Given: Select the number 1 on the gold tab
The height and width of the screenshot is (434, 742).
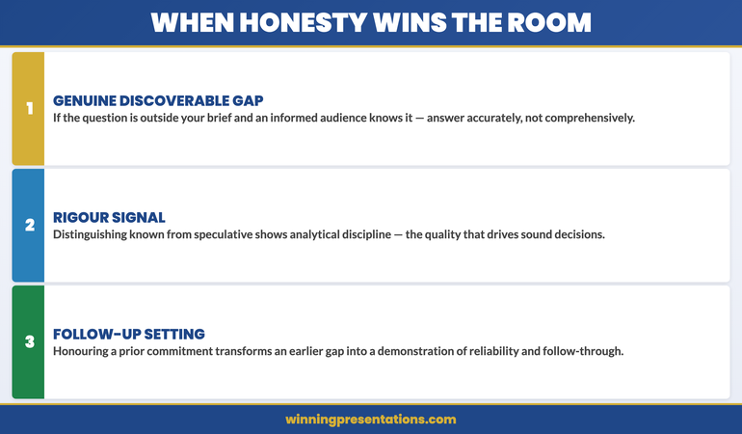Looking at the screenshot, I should point(29,108).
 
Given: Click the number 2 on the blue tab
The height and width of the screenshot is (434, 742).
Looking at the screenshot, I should point(29,225).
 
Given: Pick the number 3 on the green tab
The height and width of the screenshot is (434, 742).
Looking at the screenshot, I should point(29,341).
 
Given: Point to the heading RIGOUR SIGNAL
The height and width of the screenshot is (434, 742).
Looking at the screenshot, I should point(109,217).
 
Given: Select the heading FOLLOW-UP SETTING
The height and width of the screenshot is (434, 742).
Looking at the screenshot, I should point(129,334).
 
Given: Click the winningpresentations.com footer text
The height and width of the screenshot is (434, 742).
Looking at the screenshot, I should point(371,420).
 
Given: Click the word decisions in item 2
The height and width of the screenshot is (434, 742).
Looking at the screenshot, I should point(575,234).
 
